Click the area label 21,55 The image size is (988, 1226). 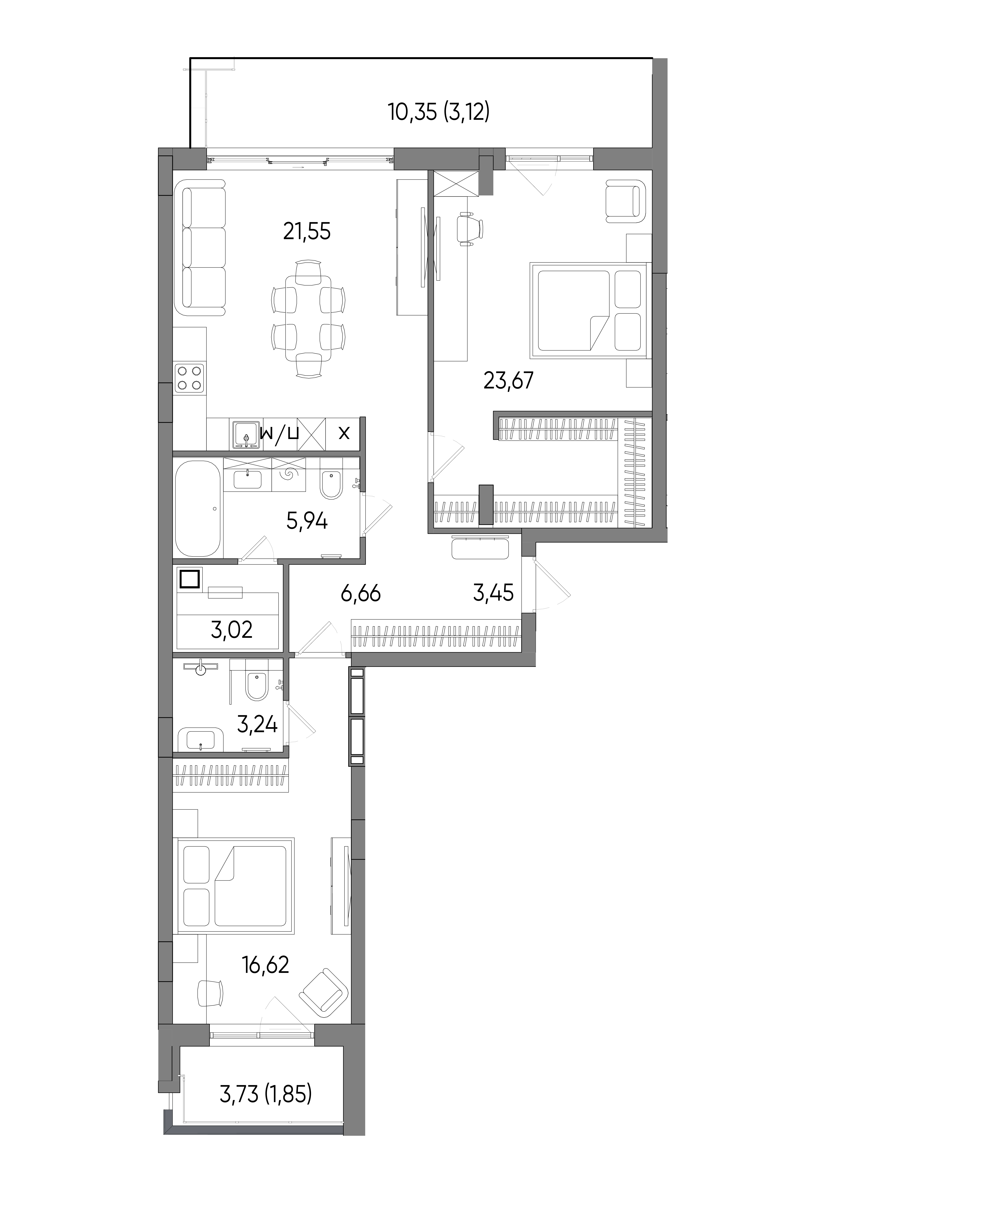coord(307,232)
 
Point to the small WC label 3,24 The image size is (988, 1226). coord(257,724)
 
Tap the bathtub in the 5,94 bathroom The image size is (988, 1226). coord(198,508)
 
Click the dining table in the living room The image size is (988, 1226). coord(308,319)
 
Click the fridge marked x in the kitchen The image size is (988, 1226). coord(344,434)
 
